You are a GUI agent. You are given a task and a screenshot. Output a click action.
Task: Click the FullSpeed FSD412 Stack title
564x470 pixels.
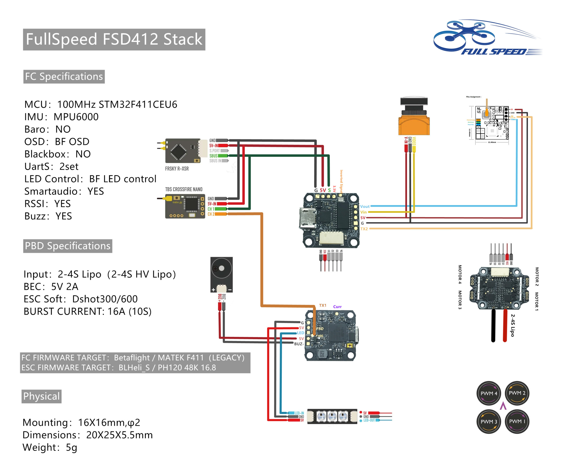tap(114, 39)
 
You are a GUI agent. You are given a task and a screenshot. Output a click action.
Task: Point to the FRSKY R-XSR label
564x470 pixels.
tap(177, 169)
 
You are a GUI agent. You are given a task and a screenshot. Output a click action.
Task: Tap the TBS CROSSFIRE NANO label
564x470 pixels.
tap(184, 189)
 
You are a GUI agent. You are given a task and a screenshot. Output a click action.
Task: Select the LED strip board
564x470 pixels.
tap(332, 416)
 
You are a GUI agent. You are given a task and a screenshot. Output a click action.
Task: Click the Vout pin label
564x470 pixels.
tap(365, 206)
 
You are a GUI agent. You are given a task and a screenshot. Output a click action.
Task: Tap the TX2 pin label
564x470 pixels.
tap(364, 229)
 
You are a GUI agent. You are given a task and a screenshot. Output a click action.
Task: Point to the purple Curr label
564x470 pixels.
tap(337, 307)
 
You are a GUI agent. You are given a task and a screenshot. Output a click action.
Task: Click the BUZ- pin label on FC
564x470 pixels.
tap(299, 344)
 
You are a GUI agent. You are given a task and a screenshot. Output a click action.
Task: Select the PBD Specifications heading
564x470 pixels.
tap(68, 246)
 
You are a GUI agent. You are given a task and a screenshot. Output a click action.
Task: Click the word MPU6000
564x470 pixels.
tap(76, 117)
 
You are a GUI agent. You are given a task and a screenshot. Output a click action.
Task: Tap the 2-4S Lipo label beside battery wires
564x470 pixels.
tap(512, 325)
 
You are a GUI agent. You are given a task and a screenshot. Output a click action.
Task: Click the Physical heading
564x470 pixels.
tap(41, 396)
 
